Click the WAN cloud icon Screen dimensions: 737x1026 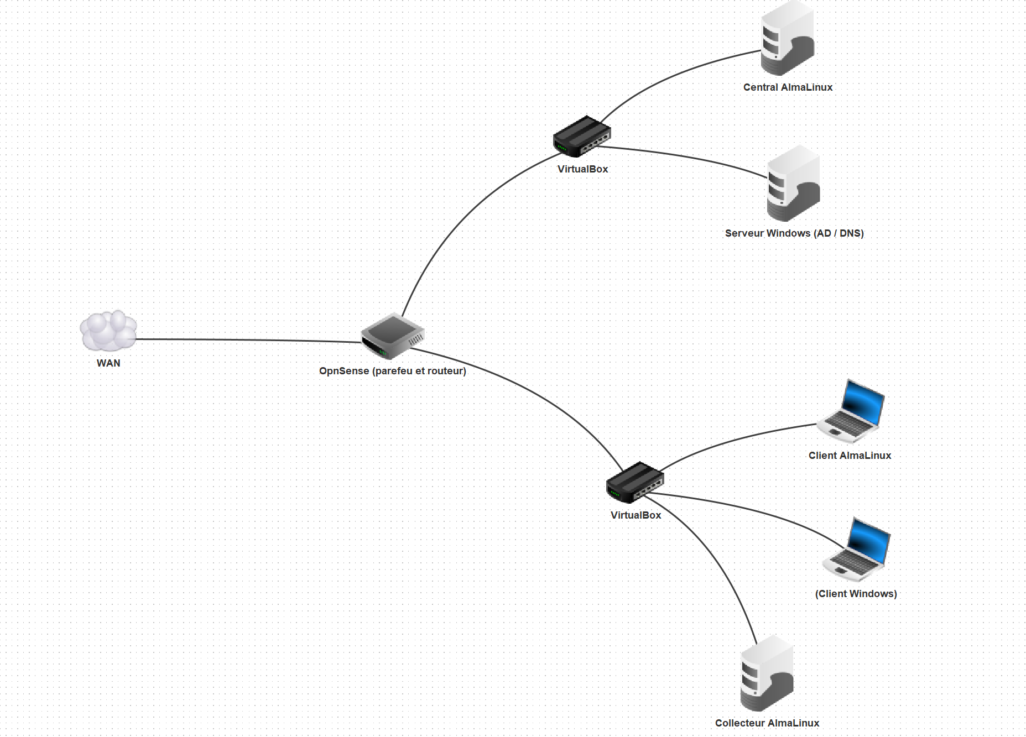tap(108, 331)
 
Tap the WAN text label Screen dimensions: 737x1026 tap(108, 363)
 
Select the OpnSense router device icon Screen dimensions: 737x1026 tap(392, 336)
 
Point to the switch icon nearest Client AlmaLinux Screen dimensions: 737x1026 tap(635, 482)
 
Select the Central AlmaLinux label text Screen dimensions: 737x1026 tap(788, 87)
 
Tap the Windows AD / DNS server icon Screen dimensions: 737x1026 tap(793, 184)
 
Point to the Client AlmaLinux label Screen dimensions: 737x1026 tap(850, 456)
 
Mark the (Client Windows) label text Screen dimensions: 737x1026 tap(856, 594)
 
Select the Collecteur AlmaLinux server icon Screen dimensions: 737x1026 tap(767, 673)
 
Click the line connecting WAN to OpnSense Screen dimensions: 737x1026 tap(249, 340)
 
